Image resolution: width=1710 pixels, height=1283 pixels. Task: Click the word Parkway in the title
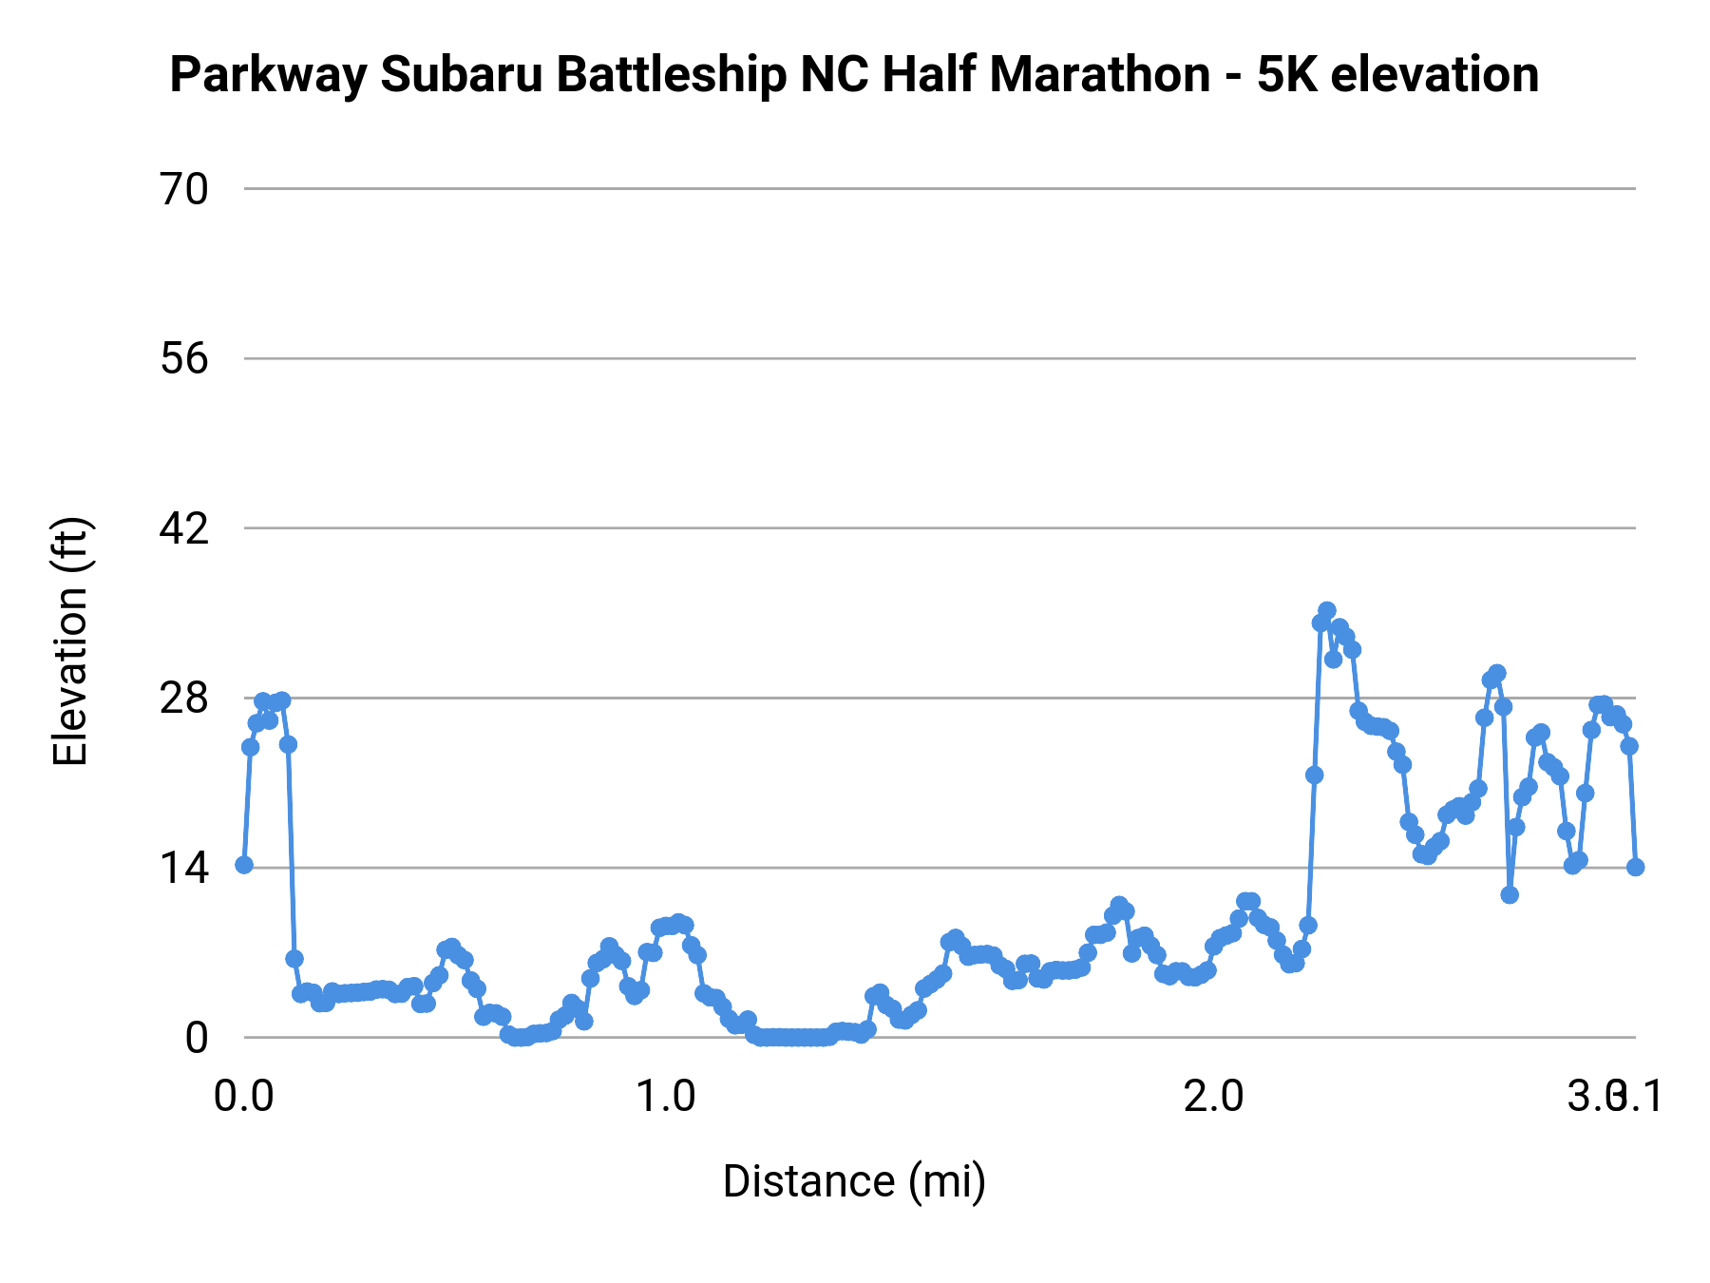[x=268, y=75]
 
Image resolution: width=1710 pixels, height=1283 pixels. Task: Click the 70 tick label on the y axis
[x=184, y=190]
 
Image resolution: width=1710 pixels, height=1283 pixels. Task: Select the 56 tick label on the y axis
[x=184, y=359]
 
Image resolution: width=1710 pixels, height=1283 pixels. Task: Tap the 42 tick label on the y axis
[x=184, y=528]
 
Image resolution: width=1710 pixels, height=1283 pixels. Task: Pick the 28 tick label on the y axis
[x=184, y=699]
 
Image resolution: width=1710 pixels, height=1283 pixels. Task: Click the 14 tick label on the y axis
[x=184, y=868]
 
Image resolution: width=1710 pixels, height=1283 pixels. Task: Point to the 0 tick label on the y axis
[x=197, y=1038]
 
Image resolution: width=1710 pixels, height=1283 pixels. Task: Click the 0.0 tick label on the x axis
[x=244, y=1097]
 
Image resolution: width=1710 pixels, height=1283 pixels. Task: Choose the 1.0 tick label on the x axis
[x=666, y=1097]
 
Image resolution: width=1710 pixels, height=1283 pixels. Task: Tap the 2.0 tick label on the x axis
[x=1213, y=1097]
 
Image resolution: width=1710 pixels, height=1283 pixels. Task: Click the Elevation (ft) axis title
[x=70, y=641]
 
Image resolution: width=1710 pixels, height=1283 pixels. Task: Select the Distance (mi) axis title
[x=854, y=1181]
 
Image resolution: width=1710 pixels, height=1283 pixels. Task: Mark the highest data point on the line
[x=1327, y=610]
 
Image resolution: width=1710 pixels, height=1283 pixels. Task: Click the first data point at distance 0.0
[x=244, y=865]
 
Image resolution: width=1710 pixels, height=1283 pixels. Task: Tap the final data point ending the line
[x=1635, y=867]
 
